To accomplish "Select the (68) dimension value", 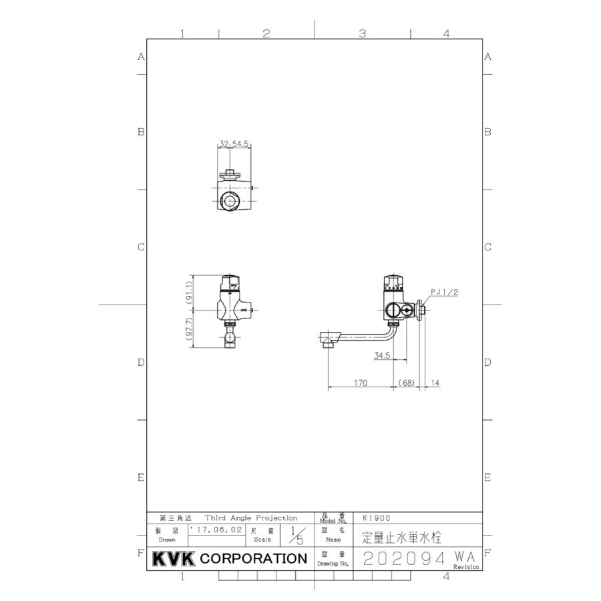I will (407, 383).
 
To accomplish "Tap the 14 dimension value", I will (435, 383).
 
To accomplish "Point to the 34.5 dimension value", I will (382, 355).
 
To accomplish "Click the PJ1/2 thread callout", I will (443, 292).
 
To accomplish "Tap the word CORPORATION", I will (254, 558).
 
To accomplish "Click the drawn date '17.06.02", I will (217, 529).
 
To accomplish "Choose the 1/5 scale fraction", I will (296, 534).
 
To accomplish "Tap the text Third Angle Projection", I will (250, 518).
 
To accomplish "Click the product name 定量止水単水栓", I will (401, 536).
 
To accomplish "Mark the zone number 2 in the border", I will (266, 33).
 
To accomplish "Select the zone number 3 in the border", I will (362, 33).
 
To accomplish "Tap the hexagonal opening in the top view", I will (230, 200).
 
